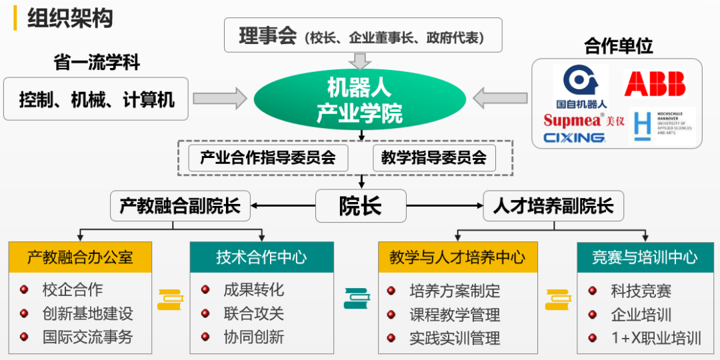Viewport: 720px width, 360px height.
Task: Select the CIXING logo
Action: click(x=574, y=138)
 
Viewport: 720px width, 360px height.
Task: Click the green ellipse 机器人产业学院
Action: click(x=359, y=100)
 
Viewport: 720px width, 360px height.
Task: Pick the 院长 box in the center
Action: click(x=360, y=206)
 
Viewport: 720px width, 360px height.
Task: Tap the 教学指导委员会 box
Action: click(x=434, y=158)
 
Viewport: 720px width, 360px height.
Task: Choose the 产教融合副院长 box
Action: click(x=179, y=206)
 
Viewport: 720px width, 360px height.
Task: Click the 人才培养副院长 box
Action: click(x=553, y=206)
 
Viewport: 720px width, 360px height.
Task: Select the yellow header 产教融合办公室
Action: click(x=80, y=257)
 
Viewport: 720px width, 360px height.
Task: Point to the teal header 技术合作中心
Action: click(x=261, y=257)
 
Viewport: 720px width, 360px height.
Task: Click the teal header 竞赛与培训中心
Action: click(x=645, y=257)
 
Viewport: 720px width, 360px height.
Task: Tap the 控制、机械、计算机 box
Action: click(x=96, y=99)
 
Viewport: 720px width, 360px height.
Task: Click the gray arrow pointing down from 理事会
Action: click(x=361, y=61)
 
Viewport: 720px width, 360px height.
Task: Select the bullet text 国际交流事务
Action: click(x=88, y=337)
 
